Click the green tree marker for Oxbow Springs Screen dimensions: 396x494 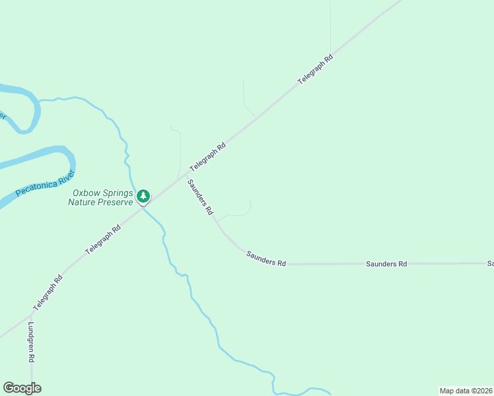143,196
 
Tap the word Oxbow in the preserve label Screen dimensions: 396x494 85,193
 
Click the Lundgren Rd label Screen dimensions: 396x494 31,343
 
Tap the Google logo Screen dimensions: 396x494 22,388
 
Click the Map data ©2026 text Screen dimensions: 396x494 466,391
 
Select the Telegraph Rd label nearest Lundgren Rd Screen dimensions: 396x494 48,293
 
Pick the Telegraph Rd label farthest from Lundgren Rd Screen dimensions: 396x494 315,69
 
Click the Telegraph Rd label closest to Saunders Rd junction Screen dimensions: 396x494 208,157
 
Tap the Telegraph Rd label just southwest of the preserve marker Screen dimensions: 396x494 102,241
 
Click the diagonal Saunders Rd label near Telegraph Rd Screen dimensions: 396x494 200,197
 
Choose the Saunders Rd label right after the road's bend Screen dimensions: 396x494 265,258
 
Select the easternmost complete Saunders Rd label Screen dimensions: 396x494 386,263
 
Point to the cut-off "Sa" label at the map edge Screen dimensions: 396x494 490,263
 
